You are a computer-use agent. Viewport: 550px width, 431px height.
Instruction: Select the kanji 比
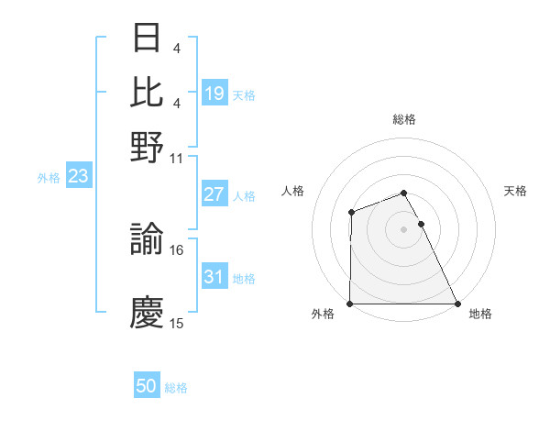point(148,92)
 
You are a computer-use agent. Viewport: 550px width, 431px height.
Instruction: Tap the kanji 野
point(148,144)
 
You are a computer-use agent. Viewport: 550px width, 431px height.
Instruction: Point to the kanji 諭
point(148,238)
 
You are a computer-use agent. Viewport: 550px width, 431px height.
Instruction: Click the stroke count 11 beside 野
point(177,157)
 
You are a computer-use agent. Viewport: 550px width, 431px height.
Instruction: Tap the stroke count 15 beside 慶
point(177,324)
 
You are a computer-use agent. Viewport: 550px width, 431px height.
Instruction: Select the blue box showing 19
point(214,93)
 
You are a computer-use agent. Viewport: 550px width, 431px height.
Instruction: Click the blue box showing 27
point(214,194)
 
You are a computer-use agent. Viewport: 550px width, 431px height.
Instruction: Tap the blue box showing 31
point(214,277)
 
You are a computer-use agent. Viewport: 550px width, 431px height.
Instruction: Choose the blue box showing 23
point(78,176)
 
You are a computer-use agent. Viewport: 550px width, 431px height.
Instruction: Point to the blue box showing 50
point(147,386)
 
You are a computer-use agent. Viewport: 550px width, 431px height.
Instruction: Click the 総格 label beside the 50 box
point(176,388)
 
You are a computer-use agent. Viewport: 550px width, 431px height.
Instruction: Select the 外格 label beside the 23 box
point(48,178)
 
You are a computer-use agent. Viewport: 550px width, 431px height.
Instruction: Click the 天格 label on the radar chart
point(516,191)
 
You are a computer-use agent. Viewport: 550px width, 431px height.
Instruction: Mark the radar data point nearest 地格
point(456,304)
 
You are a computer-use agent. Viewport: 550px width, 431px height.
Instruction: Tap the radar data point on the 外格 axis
point(350,304)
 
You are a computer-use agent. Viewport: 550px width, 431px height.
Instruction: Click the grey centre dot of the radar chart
point(403,229)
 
